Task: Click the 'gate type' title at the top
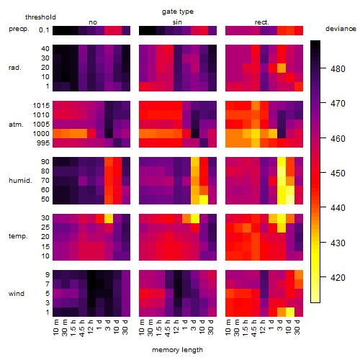click(178, 12)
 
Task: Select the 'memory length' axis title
click(177, 350)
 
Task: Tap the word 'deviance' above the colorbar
click(341, 29)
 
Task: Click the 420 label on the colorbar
click(338, 278)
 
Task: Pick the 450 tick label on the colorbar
click(338, 174)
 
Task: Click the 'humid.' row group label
click(20, 181)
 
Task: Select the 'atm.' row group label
click(16, 125)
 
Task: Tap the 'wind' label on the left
click(17, 294)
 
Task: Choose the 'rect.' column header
click(261, 22)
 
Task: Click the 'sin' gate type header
click(177, 22)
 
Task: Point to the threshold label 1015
click(41, 106)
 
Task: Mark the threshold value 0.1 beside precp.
click(44, 30)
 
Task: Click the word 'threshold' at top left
click(40, 17)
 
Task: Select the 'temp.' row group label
click(18, 236)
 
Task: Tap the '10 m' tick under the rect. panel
click(228, 327)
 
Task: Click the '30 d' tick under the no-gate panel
click(125, 327)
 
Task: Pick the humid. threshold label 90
click(45, 162)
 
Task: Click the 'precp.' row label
click(19, 29)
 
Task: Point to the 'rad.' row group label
click(15, 68)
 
